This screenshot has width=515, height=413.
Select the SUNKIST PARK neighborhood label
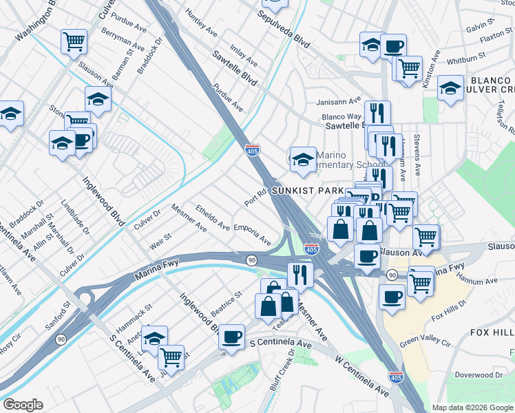pyautogui.click(x=307, y=190)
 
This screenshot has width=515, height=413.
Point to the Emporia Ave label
pyautogui.click(x=252, y=235)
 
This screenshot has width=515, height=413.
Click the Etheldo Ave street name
pyautogui.click(x=212, y=216)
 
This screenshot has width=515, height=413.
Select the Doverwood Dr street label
pyautogui.click(x=480, y=375)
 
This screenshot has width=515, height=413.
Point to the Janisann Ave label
pyautogui.click(x=339, y=101)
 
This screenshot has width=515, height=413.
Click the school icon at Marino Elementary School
pyautogui.click(x=302, y=160)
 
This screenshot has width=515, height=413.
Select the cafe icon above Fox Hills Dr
pyautogui.click(x=392, y=297)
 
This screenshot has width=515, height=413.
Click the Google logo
pyautogui.click(x=23, y=405)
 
